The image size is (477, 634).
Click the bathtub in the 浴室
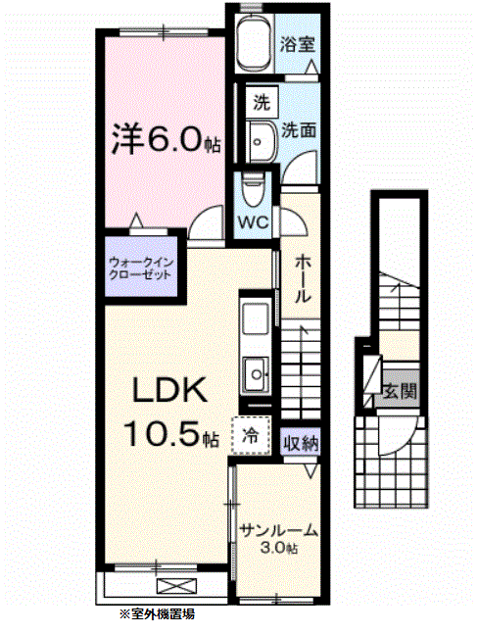click(254, 44)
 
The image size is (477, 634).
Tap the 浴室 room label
click(298, 44)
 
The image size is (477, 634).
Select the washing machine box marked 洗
click(262, 102)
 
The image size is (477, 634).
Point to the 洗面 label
click(299, 130)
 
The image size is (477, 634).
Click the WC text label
click(254, 222)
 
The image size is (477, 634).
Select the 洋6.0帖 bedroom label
click(166, 140)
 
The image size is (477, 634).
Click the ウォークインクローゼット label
click(141, 269)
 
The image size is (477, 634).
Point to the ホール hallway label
click(302, 279)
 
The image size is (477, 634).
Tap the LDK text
click(169, 391)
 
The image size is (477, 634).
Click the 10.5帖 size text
click(172, 434)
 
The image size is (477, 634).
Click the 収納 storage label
click(301, 444)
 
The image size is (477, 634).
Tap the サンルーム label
click(278, 530)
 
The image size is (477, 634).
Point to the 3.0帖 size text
click(279, 548)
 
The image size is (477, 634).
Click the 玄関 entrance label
click(400, 391)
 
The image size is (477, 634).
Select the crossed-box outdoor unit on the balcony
click(176, 586)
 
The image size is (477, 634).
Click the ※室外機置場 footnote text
click(157, 614)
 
